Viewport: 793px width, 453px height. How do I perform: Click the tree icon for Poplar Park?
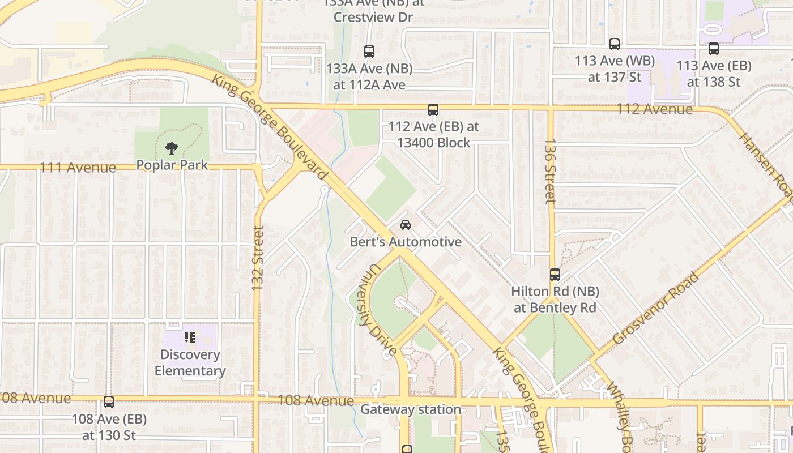click(171, 148)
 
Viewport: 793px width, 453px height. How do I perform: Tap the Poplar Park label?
click(172, 165)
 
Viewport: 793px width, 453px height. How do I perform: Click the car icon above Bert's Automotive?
click(406, 225)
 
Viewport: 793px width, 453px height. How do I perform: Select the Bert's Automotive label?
click(406, 242)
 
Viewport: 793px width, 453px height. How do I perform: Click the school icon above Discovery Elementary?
click(190, 337)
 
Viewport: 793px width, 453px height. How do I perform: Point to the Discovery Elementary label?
click(190, 363)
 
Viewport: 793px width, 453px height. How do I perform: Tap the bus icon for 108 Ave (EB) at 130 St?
click(109, 402)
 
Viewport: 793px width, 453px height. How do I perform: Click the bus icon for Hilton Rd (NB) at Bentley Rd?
click(555, 275)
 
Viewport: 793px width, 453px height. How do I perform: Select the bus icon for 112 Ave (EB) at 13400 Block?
click(433, 110)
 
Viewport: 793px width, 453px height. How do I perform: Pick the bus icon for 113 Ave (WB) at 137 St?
click(615, 44)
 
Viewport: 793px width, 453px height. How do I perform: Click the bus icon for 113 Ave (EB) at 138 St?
click(714, 49)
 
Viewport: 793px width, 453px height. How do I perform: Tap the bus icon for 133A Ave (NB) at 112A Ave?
click(369, 52)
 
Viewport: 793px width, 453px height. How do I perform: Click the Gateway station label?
click(411, 409)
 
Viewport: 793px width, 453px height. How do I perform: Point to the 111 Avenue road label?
click(78, 168)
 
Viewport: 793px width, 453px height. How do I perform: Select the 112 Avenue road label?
click(654, 109)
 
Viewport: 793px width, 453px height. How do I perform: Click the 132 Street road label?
click(258, 259)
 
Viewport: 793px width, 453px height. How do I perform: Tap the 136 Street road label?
click(550, 171)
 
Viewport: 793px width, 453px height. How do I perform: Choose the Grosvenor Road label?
click(656, 309)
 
